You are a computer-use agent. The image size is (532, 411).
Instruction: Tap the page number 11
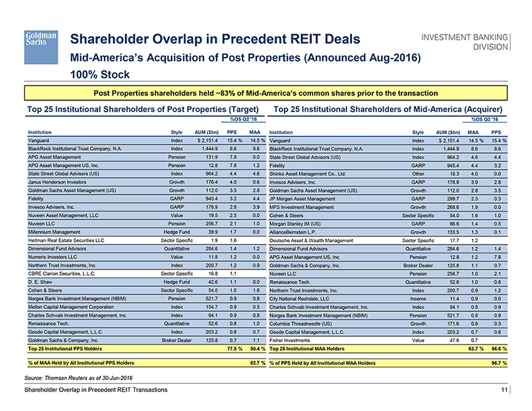pos(503,389)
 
